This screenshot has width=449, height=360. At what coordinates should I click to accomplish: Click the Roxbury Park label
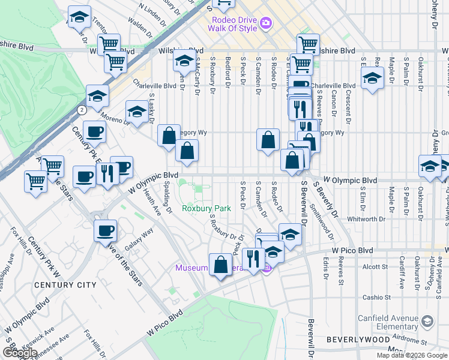pos(206,209)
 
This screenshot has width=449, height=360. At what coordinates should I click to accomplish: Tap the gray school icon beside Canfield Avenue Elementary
pos(427,322)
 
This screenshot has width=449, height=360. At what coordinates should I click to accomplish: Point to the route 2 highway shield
pos(81,109)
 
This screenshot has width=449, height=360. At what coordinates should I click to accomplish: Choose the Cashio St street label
pos(376,297)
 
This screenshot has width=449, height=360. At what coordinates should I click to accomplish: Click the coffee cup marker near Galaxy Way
pos(106,231)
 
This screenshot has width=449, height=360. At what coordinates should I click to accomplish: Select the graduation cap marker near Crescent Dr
pos(372,79)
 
